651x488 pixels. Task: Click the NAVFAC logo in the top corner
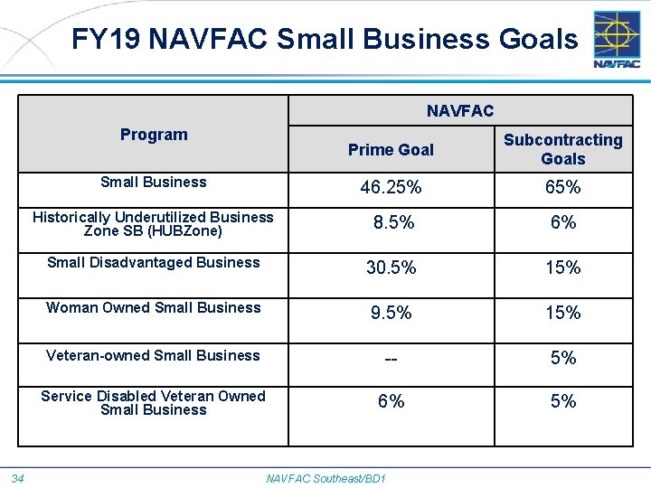(x=617, y=40)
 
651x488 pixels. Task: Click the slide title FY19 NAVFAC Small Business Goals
(x=325, y=39)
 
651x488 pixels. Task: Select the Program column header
(x=154, y=135)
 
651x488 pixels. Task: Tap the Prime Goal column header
(x=391, y=150)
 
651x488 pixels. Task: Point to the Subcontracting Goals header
(x=562, y=149)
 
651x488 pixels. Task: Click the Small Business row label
(x=154, y=182)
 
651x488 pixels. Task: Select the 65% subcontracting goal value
(x=562, y=188)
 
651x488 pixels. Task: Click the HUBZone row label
(x=153, y=224)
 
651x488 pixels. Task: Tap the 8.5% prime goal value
(x=391, y=222)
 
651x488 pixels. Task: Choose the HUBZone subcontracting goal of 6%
(x=562, y=222)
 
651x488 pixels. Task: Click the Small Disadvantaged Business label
(x=153, y=263)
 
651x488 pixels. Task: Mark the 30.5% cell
(x=391, y=267)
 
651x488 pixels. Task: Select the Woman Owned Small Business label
(x=153, y=308)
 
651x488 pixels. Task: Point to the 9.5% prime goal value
(x=391, y=313)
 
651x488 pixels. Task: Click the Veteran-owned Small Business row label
(x=153, y=356)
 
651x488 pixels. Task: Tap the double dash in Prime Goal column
(x=391, y=359)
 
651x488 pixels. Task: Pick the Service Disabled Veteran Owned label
(x=153, y=403)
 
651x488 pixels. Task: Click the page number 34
(x=18, y=478)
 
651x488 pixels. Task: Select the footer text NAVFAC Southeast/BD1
(x=325, y=478)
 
